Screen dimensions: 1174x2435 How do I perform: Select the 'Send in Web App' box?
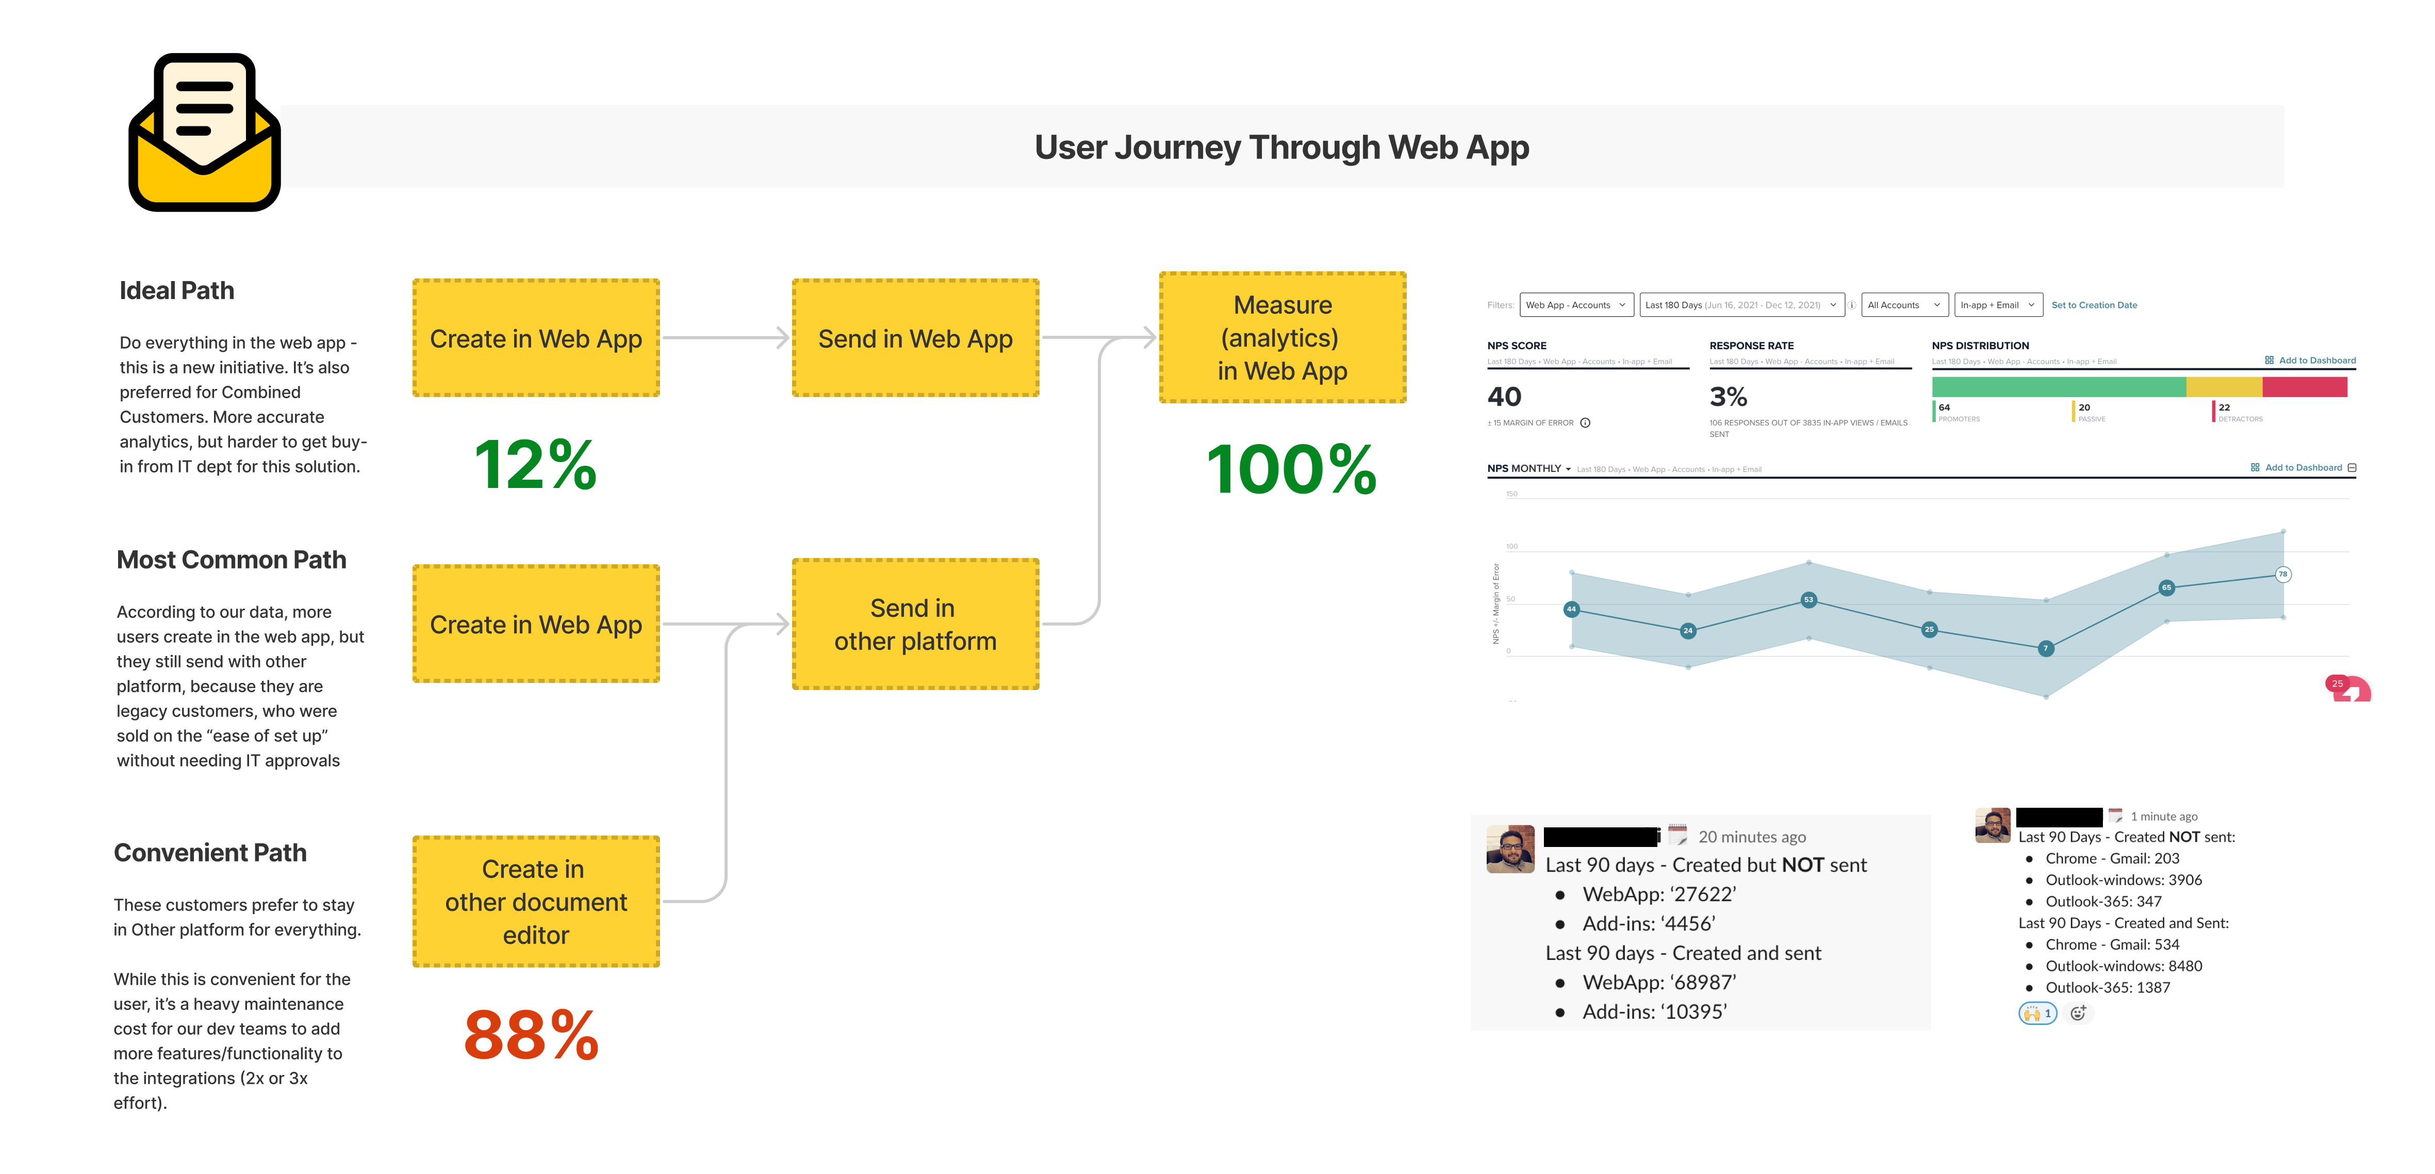coord(915,338)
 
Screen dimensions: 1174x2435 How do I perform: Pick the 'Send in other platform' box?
coord(915,624)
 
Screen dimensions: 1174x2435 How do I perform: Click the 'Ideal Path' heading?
coord(177,290)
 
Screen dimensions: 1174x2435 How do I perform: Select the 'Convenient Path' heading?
coord(210,853)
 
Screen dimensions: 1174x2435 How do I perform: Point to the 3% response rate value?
coord(1728,397)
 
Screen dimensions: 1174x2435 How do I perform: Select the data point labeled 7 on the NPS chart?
coord(2046,648)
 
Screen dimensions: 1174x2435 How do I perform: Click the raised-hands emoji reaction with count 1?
coord(2037,1013)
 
